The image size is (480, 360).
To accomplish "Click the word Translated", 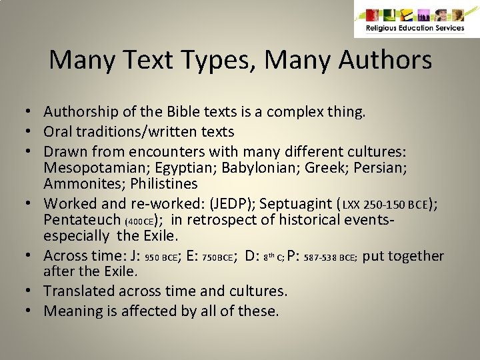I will [x=79, y=291].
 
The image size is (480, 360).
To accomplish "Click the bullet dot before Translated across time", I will [x=31, y=291].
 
